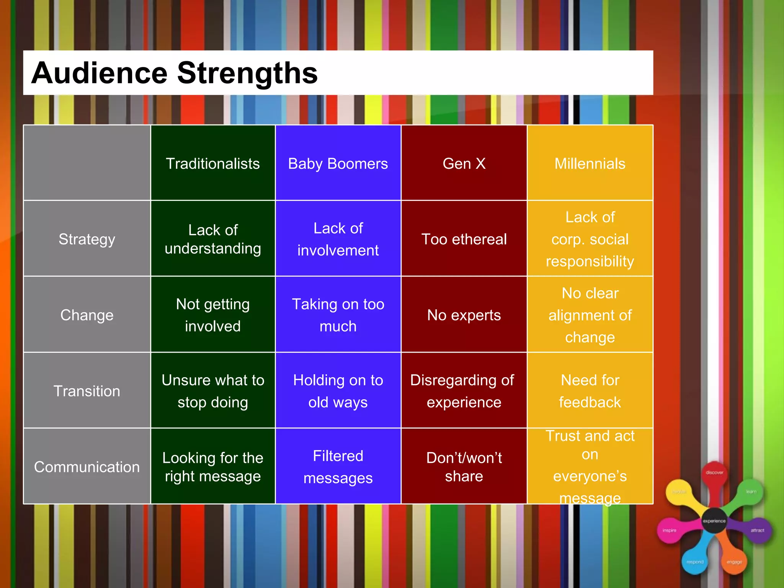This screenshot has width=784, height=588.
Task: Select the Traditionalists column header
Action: click(x=213, y=163)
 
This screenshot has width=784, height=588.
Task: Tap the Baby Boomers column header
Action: click(x=338, y=163)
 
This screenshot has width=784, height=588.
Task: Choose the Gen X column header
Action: click(x=464, y=163)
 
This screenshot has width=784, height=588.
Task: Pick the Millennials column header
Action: click(x=590, y=163)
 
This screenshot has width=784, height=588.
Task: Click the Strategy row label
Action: click(x=87, y=239)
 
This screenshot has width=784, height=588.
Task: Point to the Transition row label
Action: click(x=87, y=391)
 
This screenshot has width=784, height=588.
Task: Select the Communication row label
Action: click(x=87, y=467)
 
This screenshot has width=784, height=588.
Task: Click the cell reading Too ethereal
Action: click(x=464, y=239)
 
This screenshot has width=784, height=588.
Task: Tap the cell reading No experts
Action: click(x=464, y=315)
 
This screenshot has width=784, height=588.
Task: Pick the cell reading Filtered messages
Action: click(x=338, y=467)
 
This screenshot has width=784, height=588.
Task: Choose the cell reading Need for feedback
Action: click(x=590, y=391)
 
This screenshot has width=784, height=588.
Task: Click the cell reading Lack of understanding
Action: click(x=213, y=239)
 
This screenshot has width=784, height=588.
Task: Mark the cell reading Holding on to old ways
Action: click(x=338, y=391)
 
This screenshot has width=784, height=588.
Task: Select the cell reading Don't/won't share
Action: click(x=464, y=467)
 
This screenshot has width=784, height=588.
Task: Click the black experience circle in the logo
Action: click(x=714, y=521)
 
